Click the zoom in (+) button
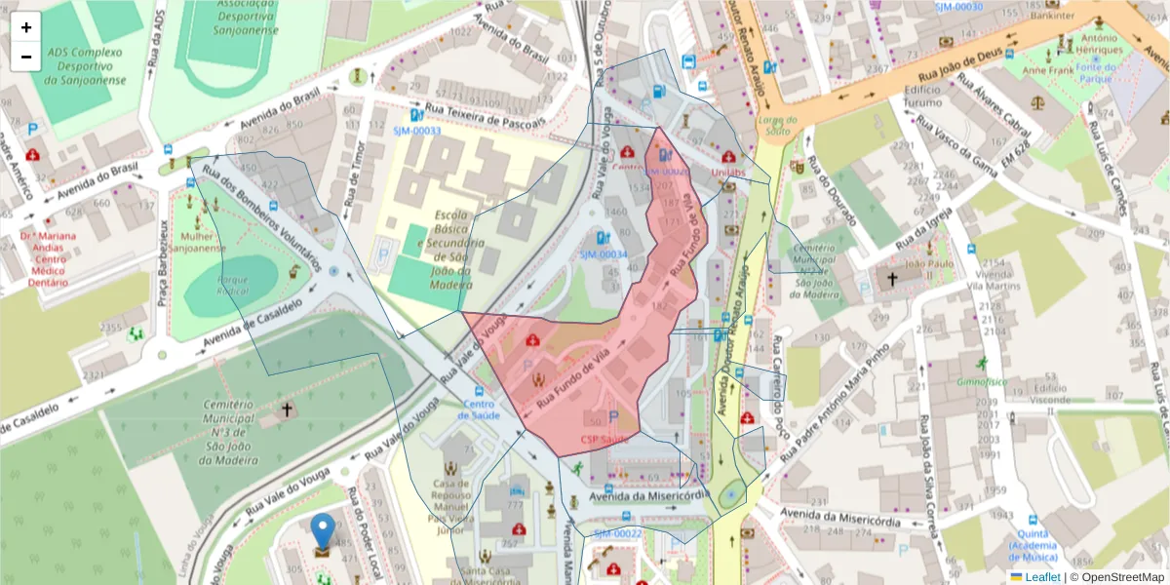[x=26, y=27]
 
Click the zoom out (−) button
[x=26, y=57]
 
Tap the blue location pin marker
[x=323, y=533]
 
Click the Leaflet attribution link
[x=1042, y=577]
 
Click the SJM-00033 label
[x=417, y=131]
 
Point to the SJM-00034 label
[x=604, y=253]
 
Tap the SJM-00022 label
[x=617, y=533]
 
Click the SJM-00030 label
[x=958, y=7]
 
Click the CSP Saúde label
[x=604, y=440]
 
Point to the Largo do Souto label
[x=777, y=125]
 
